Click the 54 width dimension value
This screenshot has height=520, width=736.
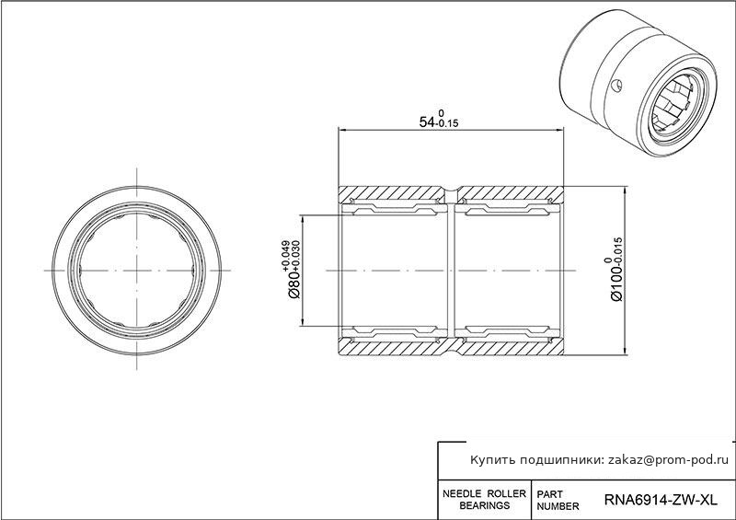427,122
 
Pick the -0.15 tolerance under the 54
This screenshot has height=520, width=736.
447,124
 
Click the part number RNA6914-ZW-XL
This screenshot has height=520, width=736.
661,500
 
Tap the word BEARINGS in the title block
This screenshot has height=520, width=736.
485,505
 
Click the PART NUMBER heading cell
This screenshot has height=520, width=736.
558,501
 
